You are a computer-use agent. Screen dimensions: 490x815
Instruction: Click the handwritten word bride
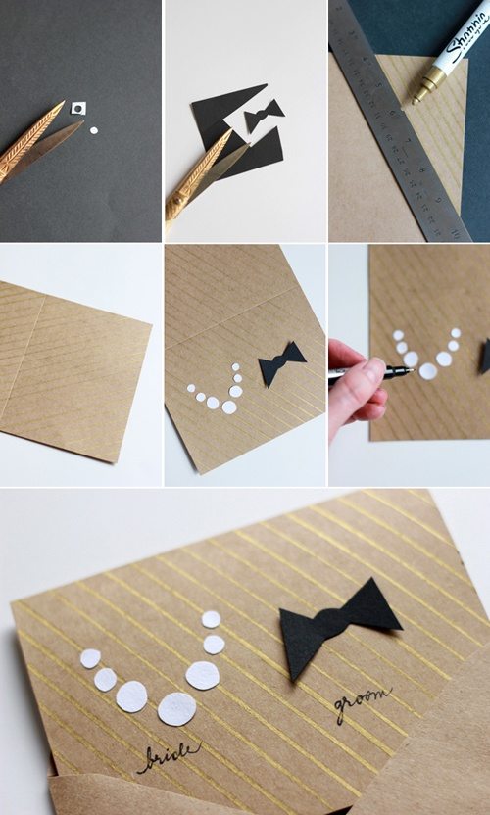(168, 758)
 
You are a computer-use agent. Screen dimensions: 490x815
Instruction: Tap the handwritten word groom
(363, 702)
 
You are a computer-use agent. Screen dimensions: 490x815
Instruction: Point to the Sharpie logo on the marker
(467, 32)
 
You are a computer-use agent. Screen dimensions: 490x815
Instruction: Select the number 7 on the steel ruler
(408, 140)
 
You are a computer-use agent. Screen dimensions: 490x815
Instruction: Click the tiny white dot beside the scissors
(94, 130)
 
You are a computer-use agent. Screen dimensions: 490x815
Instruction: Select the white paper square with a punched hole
(78, 108)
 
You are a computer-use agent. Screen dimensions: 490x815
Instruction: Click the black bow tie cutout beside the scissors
(264, 116)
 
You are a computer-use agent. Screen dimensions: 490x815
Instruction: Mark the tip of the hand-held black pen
(413, 370)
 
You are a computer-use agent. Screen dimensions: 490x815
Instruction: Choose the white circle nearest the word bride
(176, 708)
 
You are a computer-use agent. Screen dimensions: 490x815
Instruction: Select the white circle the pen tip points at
(427, 371)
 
